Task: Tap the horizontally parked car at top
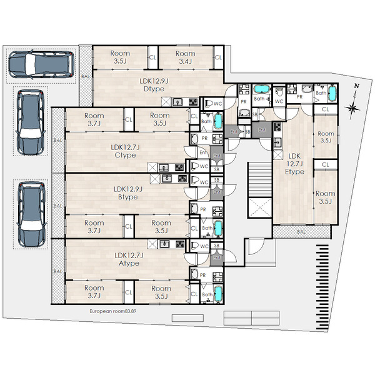41,64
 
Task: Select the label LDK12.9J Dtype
154,85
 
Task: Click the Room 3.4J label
186,57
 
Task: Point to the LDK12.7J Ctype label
125,151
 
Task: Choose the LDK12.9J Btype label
128,193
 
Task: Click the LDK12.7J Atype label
129,259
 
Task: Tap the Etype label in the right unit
294,172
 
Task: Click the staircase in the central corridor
260,179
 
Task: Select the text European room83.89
113,311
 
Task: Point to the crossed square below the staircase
260,207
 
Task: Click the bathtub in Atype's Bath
218,293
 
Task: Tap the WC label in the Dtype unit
217,104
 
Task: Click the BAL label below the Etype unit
301,231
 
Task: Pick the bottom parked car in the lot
31,214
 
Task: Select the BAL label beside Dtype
85,76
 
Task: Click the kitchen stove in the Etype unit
277,127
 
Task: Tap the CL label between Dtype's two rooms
152,57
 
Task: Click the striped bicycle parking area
322,287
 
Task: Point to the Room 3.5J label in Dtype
120,57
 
